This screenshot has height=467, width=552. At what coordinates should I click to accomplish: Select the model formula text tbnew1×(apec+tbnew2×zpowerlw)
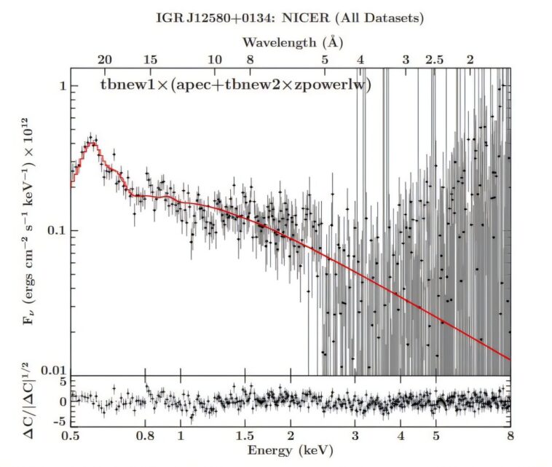point(235,85)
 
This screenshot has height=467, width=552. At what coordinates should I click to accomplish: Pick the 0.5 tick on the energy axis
point(71,436)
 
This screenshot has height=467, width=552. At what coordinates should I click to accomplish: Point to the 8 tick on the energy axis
point(510,436)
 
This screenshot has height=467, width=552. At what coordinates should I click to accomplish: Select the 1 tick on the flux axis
point(61,86)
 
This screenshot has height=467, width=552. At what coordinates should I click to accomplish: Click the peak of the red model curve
point(92,144)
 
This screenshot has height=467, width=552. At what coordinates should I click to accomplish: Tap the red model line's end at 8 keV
point(509,358)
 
